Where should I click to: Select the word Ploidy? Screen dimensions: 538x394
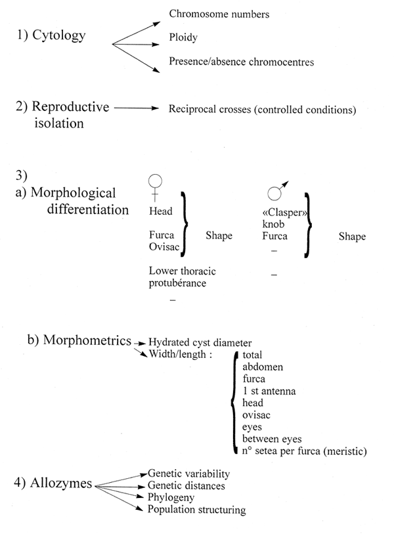coord(183,39)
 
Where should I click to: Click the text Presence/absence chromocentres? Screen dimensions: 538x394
coord(242,63)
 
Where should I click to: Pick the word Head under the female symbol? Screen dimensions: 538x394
coord(161,212)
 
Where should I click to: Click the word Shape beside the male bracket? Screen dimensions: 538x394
coord(353,237)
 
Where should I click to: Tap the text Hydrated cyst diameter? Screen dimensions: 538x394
coord(200,342)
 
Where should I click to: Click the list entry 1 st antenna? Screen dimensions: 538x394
coord(269,392)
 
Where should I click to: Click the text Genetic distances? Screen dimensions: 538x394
coord(186,485)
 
